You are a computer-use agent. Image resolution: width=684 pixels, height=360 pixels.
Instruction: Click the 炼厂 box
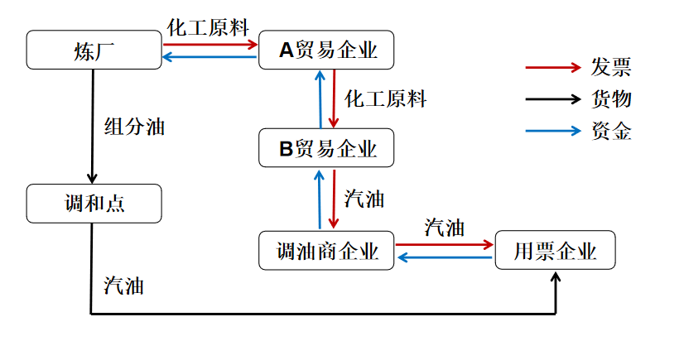(x=93, y=50)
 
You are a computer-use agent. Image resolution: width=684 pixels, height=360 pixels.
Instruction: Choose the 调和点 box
(x=93, y=204)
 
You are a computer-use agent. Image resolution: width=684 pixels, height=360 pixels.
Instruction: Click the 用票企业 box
(x=555, y=250)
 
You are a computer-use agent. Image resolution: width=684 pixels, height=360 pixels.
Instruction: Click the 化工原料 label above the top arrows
(x=208, y=27)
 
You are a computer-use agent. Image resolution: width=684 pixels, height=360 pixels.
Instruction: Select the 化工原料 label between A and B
(x=385, y=100)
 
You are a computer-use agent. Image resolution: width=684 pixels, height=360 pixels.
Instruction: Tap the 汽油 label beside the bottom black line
(x=124, y=286)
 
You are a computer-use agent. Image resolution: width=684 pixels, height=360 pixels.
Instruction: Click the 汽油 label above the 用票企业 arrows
(x=444, y=228)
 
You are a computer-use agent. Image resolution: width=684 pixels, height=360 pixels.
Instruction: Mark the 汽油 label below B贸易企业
(x=364, y=199)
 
